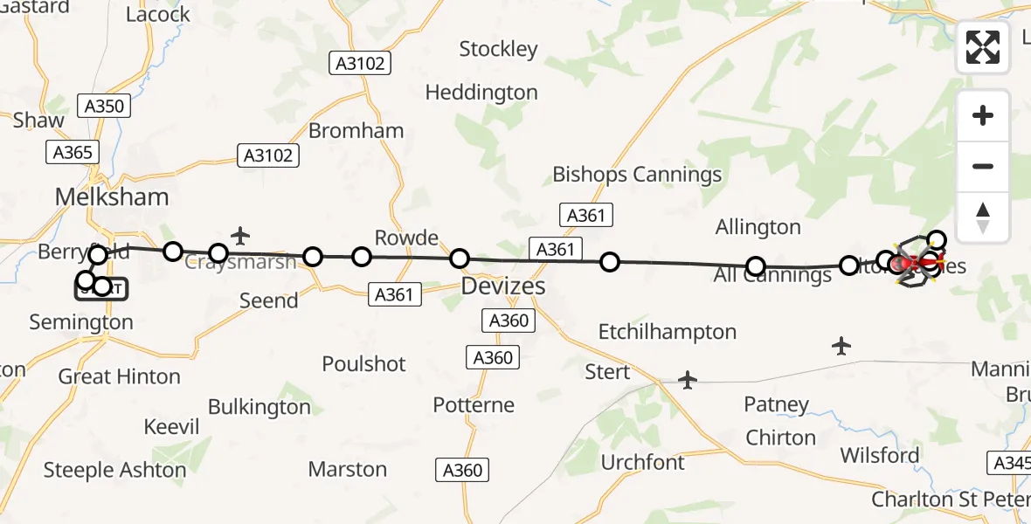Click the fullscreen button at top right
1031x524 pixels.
983,46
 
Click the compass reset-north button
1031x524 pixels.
983,217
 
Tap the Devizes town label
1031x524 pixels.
502,286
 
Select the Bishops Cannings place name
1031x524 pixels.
637,175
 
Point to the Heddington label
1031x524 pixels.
481,92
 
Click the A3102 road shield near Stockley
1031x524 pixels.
359,63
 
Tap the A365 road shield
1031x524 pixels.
73,152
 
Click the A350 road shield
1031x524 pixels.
103,107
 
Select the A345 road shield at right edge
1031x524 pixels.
1010,463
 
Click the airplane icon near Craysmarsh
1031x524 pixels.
240,235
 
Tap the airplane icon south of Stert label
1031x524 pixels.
688,380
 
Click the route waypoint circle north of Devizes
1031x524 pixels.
460,259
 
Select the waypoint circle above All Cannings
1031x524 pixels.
756,265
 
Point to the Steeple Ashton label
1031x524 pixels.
115,470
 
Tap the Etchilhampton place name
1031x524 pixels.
668,332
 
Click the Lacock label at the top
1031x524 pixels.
158,15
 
